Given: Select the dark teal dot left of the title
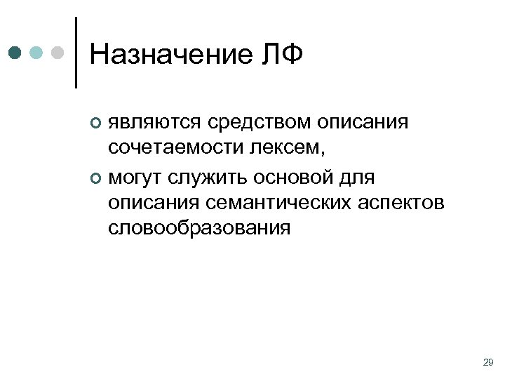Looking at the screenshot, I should pyautogui.click(x=16, y=53).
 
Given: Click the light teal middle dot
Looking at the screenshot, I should pyautogui.click(x=37, y=53).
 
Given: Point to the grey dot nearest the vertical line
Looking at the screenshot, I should pyautogui.click(x=59, y=53).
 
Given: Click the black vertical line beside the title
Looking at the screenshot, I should pyautogui.click(x=75, y=53).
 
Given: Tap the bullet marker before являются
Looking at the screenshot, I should pyautogui.click(x=96, y=124).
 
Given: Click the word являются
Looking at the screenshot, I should pyautogui.click(x=154, y=124).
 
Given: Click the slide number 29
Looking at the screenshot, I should pyautogui.click(x=488, y=362).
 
